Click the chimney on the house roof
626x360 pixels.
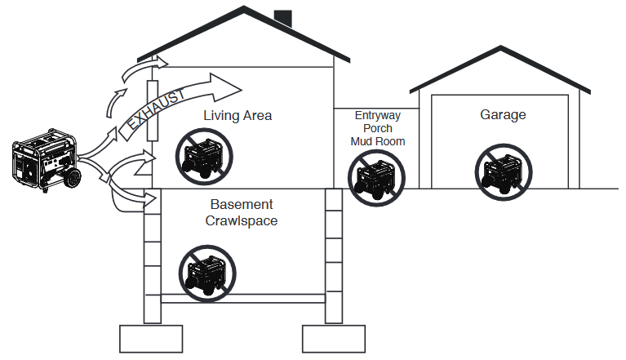tap(282, 18)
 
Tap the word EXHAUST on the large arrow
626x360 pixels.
tap(157, 109)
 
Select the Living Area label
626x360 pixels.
tap(238, 115)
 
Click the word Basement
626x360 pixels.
tap(242, 204)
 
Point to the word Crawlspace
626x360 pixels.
tap(242, 220)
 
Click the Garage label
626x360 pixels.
tap(503, 115)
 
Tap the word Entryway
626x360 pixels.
tap(378, 116)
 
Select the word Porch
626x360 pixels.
tap(378, 128)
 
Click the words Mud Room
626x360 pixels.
tap(378, 141)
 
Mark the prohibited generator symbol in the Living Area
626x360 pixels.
tap(204, 157)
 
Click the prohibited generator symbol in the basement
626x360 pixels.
tap(207, 273)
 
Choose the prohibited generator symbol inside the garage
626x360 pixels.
tap(504, 172)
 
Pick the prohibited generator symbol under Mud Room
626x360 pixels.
tap(376, 178)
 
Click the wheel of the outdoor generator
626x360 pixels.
tap(73, 178)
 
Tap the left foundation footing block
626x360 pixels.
tap(151, 339)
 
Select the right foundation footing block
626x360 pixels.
tap(334, 339)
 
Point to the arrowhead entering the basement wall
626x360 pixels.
tap(150, 198)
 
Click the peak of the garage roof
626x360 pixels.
tap(500, 47)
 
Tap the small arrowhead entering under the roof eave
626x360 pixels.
tap(162, 62)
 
